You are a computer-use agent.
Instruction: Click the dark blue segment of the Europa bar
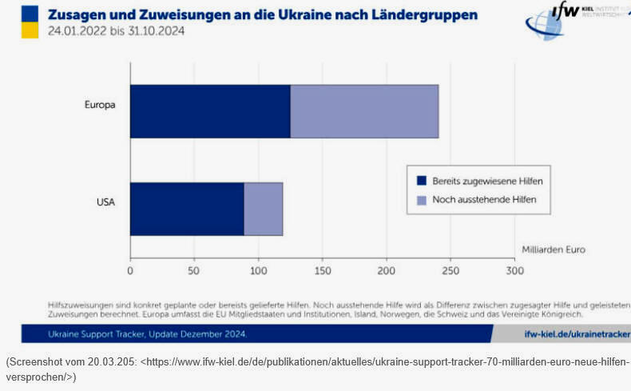pyautogui.click(x=210, y=111)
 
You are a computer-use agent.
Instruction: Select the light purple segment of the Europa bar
pyautogui.click(x=364, y=111)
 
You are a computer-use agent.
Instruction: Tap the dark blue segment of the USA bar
pyautogui.click(x=187, y=209)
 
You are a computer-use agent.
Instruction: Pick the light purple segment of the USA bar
pyautogui.click(x=264, y=209)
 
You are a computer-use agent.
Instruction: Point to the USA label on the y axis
pyautogui.click(x=105, y=202)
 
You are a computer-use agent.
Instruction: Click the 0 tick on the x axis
pyautogui.click(x=130, y=271)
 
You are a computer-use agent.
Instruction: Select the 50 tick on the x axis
pyautogui.click(x=194, y=271)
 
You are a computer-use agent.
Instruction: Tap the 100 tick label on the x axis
pyautogui.click(x=258, y=271)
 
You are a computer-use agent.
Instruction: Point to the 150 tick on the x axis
pyautogui.click(x=323, y=271)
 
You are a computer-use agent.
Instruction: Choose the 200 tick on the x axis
pyautogui.click(x=387, y=271)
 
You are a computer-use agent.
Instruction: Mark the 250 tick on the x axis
pyautogui.click(x=450, y=271)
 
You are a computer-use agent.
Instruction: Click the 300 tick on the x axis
pyautogui.click(x=515, y=271)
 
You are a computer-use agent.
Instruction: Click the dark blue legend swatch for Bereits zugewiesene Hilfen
pyautogui.click(x=421, y=181)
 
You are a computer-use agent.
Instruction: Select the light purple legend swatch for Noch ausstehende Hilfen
pyautogui.click(x=421, y=199)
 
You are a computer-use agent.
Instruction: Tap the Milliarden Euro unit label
pyautogui.click(x=553, y=249)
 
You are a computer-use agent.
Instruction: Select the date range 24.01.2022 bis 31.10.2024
pyautogui.click(x=117, y=32)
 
